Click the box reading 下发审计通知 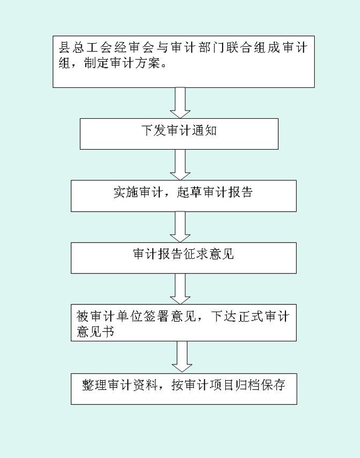179,134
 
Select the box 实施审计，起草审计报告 184,196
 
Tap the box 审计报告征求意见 184,258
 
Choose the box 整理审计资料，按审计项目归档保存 184,389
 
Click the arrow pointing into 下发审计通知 181,103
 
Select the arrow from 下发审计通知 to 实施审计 181,164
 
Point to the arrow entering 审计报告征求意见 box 181,227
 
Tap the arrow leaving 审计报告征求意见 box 181,289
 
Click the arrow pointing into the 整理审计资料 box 182,357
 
